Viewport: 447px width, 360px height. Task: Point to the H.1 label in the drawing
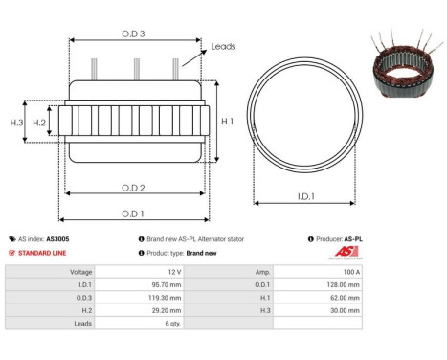point(227,122)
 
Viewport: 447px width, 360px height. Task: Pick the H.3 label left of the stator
point(16,123)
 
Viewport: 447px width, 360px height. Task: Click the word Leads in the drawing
point(223,45)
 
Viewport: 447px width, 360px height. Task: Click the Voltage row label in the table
point(79,272)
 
